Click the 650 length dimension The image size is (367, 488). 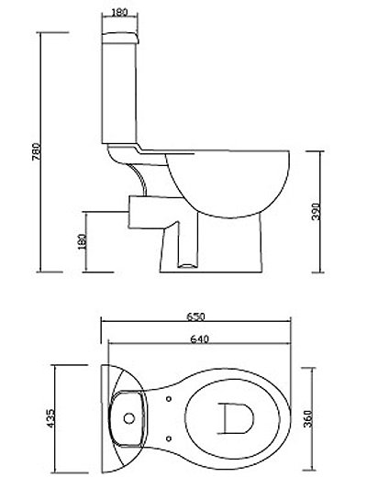click(196, 316)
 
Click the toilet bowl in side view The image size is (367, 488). click(225, 179)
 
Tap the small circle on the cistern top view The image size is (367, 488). click(128, 418)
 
